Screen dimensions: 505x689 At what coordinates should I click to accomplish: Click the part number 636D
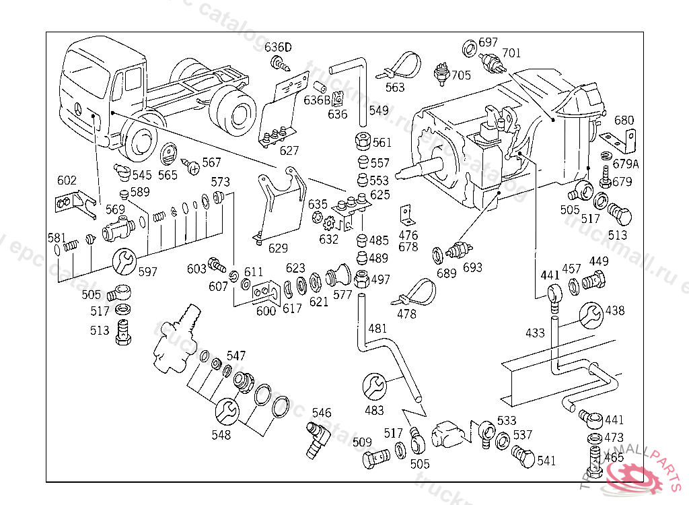[278, 47]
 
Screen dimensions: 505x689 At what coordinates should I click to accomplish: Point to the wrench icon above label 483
[375, 386]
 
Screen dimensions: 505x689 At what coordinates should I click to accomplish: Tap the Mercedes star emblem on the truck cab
[79, 110]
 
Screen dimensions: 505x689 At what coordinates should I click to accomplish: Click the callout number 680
[624, 121]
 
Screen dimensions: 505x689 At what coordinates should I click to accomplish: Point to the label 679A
[625, 163]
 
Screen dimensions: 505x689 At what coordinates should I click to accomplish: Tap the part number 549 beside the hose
[379, 110]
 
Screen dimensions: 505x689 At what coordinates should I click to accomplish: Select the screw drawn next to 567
[192, 164]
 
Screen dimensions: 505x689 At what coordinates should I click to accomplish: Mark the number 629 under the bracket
[278, 248]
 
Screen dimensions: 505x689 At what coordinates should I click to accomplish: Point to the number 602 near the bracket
[67, 180]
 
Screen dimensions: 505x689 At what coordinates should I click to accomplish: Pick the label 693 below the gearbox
[472, 268]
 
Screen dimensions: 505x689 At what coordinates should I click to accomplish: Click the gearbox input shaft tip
[402, 172]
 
